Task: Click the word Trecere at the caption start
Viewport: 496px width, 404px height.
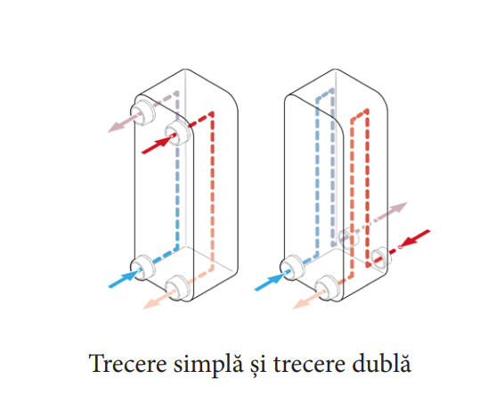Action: pos(127,364)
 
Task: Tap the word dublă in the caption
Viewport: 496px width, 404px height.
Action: pos(381,362)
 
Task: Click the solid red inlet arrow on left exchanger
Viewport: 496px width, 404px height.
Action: pos(159,144)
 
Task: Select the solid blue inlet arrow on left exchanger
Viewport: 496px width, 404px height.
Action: pos(125,278)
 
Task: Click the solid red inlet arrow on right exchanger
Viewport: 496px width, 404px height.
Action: pos(413,238)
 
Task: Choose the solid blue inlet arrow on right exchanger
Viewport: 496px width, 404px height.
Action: pos(272,281)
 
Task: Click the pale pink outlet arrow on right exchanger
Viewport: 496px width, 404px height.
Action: pos(308,300)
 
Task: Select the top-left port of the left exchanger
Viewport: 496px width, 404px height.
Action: pos(143,112)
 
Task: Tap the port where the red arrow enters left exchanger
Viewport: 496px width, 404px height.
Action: pos(178,133)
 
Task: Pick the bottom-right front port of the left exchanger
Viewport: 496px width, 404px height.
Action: pos(178,288)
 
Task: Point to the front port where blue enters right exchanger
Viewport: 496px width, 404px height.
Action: pos(293,268)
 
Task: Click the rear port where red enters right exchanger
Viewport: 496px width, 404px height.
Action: pos(381,257)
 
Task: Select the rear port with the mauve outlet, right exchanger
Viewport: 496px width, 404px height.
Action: pos(346,238)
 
